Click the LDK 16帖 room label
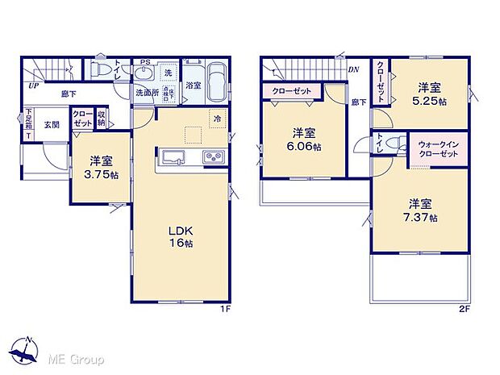180,235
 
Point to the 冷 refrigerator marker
217,119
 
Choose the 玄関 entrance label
51,125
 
